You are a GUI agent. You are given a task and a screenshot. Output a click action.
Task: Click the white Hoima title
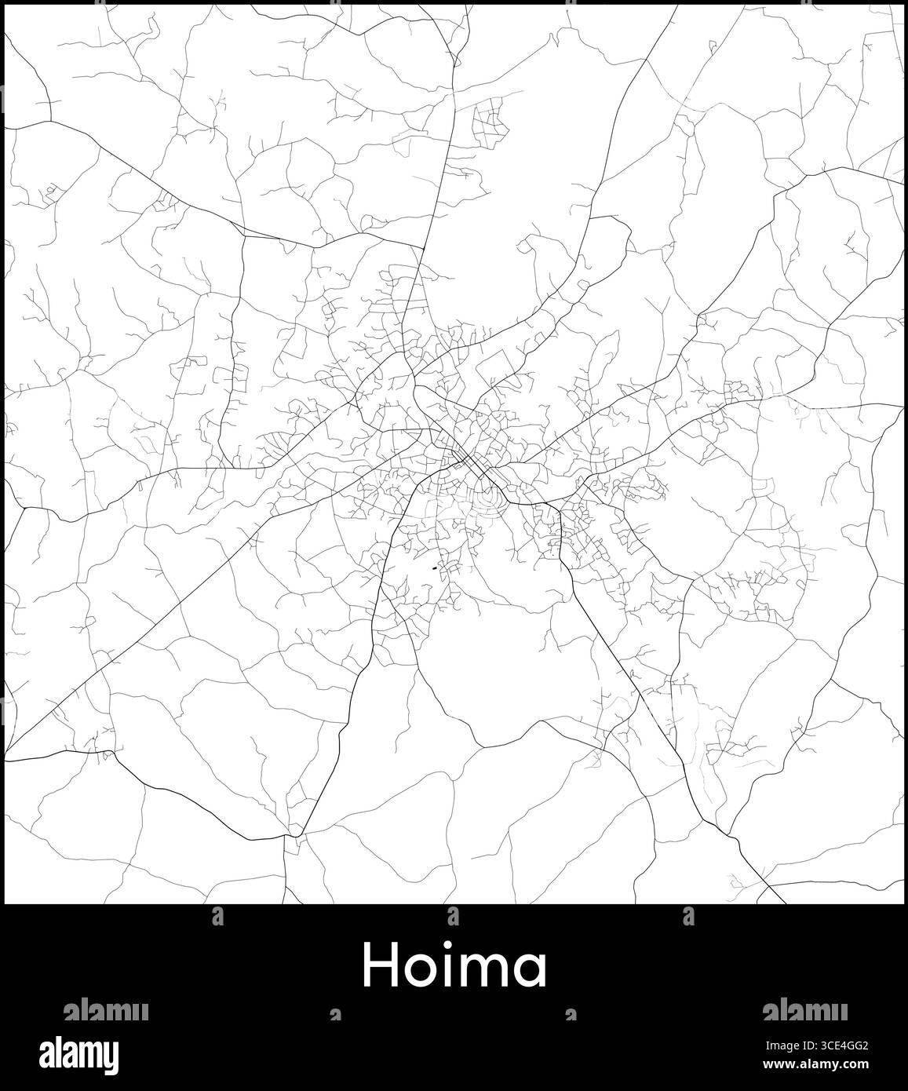[454, 965]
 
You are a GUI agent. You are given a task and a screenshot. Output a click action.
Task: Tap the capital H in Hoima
[380, 965]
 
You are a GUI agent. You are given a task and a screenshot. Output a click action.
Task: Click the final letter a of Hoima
[532, 971]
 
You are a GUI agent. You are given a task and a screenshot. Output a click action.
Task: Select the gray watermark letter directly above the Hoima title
[453, 914]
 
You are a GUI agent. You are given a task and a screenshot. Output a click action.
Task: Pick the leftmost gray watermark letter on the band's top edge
[217, 914]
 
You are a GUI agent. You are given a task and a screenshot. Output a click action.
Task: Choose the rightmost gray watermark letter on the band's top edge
[688, 914]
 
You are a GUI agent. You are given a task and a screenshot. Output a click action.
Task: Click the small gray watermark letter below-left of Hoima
[335, 1016]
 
